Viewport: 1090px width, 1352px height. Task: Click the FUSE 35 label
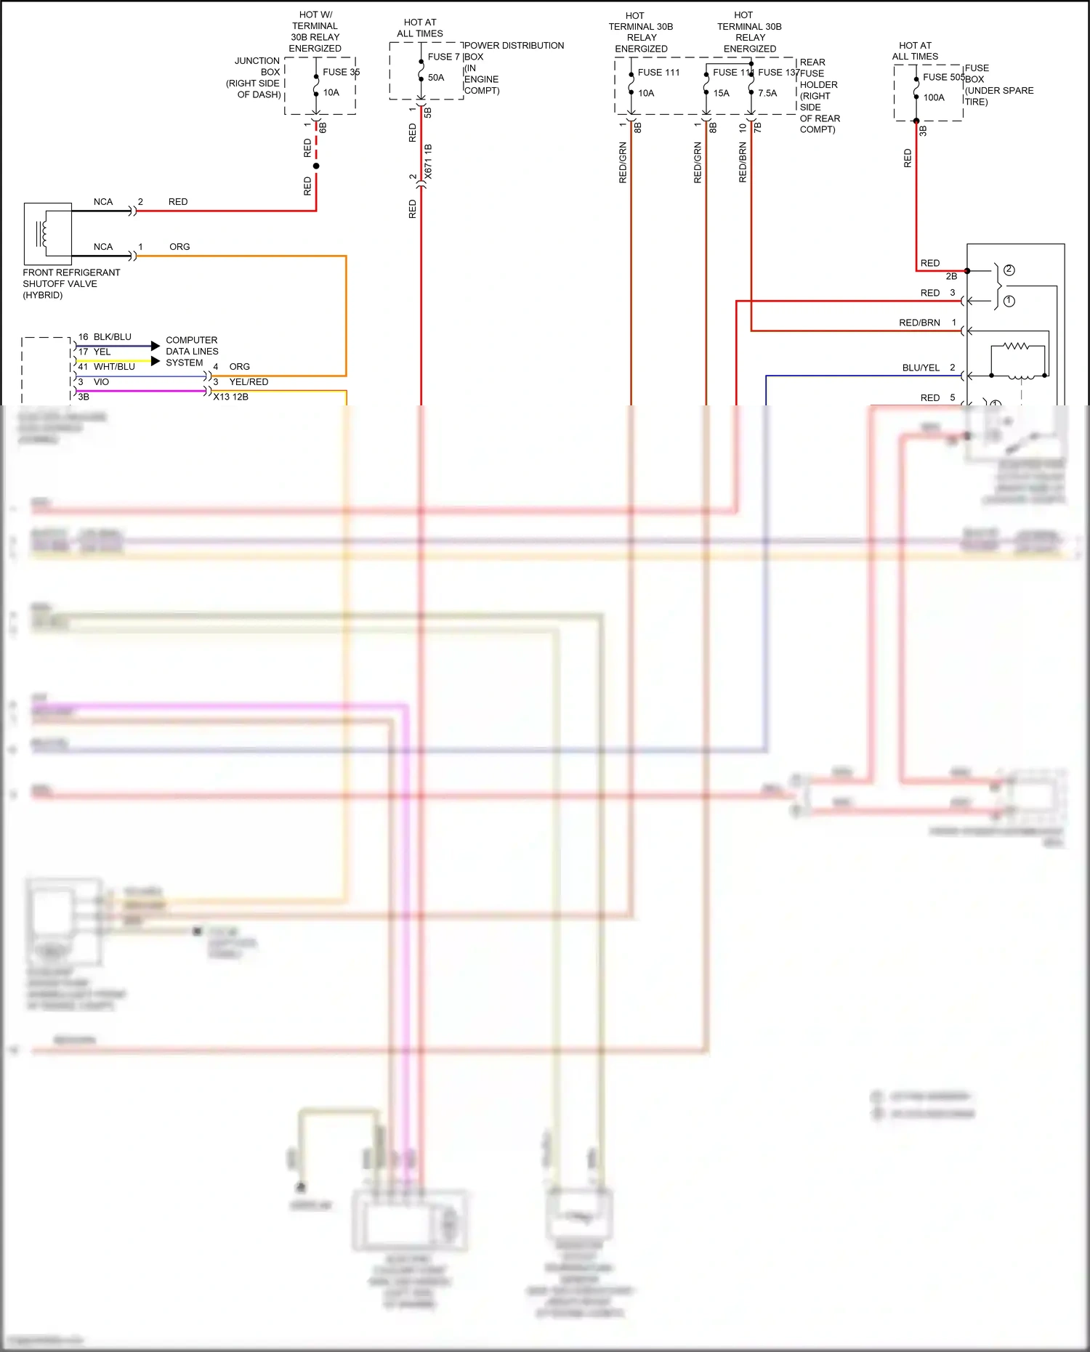(x=340, y=72)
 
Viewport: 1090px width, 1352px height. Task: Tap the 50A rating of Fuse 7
(x=436, y=78)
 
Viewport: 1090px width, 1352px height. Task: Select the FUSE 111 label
(x=658, y=73)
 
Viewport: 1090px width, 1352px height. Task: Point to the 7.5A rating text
(x=767, y=93)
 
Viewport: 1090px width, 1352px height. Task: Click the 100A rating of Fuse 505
(x=934, y=97)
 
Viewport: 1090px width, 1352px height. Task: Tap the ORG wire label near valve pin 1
(x=179, y=247)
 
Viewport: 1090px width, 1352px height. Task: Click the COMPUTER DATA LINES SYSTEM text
(x=192, y=352)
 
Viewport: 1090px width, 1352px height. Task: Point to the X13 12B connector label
(x=230, y=397)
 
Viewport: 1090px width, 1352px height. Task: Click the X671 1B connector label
(x=428, y=161)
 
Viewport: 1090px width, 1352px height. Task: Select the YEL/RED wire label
(x=249, y=382)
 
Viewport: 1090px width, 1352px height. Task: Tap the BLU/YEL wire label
(x=921, y=368)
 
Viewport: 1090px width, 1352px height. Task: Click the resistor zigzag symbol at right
(x=1016, y=347)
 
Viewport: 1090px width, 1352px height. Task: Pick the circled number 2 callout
(x=1009, y=270)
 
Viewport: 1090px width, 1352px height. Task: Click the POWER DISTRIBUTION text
(x=514, y=46)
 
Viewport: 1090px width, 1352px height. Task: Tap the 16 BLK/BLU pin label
(x=105, y=337)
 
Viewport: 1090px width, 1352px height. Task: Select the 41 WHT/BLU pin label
(x=107, y=367)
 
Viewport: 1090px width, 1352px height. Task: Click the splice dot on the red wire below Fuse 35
(x=316, y=166)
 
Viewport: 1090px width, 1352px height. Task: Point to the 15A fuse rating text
(x=721, y=93)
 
